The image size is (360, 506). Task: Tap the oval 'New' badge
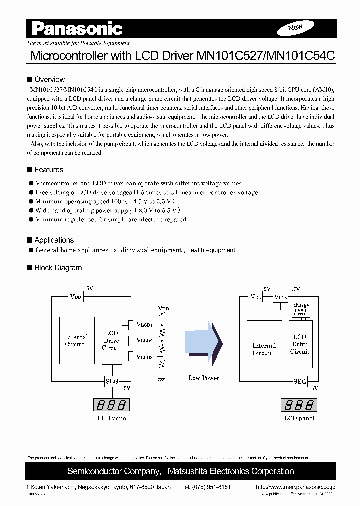click(296, 28)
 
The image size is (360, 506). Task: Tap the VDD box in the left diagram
click(76, 296)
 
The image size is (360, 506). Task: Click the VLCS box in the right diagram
click(281, 297)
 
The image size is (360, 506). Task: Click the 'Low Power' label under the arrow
click(204, 378)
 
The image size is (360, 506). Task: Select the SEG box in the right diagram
click(300, 381)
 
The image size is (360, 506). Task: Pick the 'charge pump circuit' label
click(301, 310)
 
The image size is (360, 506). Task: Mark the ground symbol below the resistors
click(162, 379)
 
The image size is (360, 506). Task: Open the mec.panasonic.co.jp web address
click(295, 486)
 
